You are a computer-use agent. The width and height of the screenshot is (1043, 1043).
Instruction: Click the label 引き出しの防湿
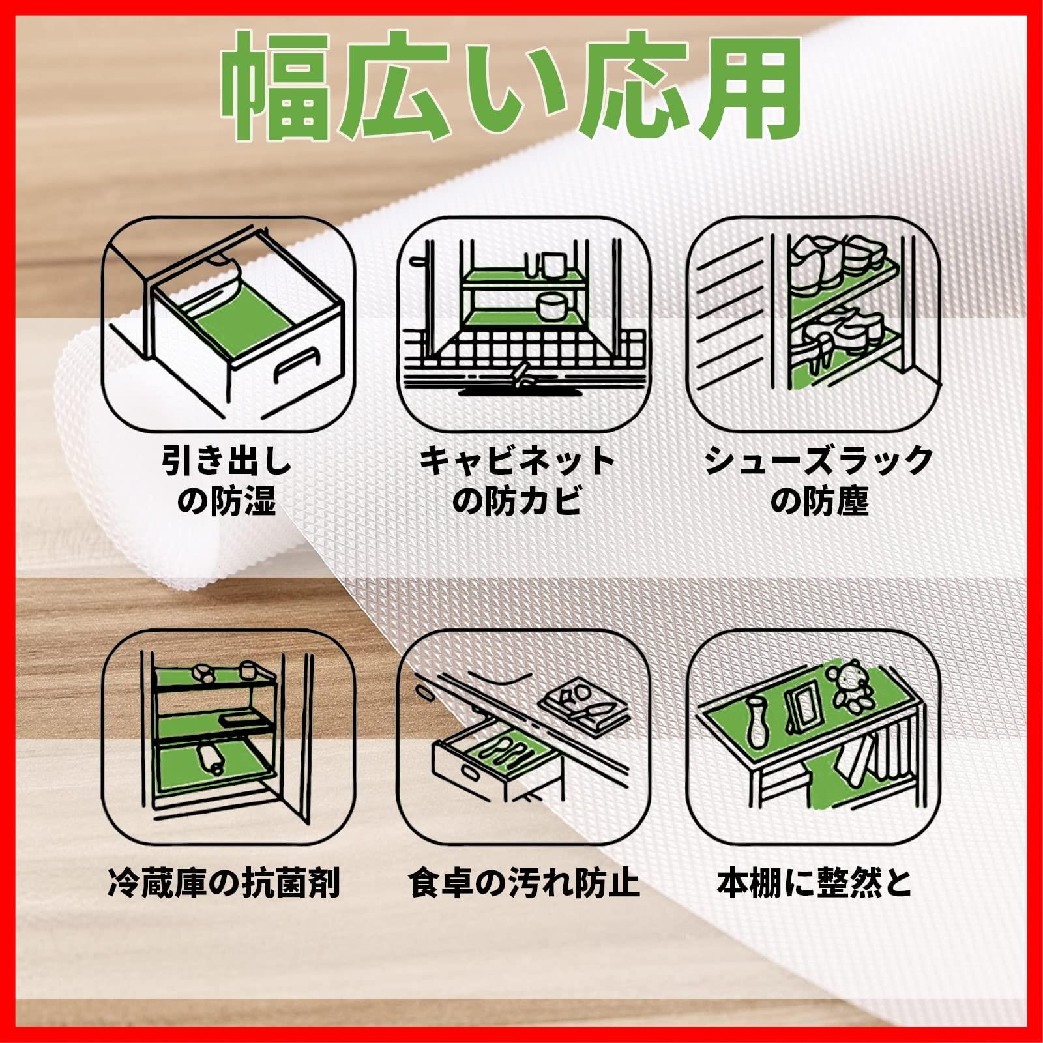pyautogui.click(x=227, y=480)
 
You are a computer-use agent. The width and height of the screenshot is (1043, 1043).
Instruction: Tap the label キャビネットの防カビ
pyautogui.click(x=517, y=480)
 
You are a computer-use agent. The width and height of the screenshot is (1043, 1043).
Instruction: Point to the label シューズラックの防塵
pyautogui.click(x=819, y=480)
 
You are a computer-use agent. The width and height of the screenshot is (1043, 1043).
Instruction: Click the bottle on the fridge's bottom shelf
pyautogui.click(x=210, y=756)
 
